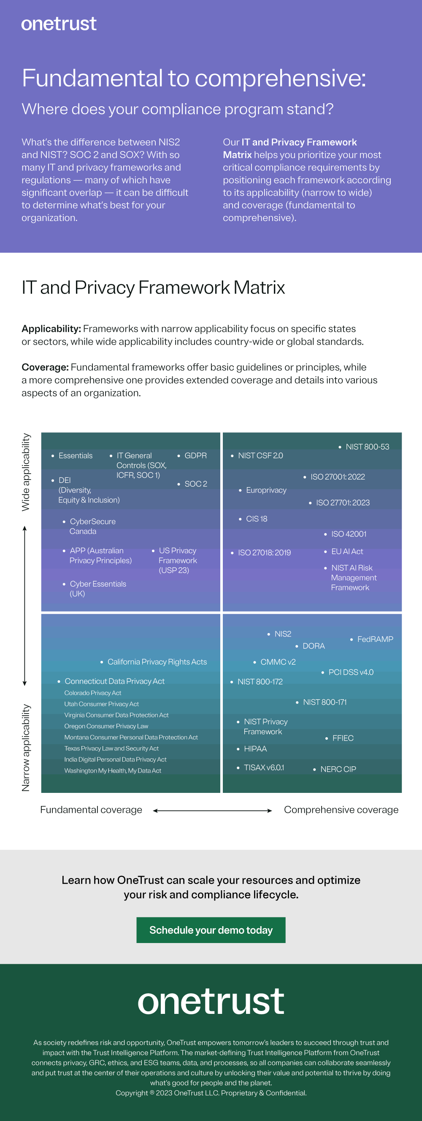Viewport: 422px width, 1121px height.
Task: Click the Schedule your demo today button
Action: click(x=211, y=930)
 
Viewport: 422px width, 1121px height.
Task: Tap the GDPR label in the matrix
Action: click(x=195, y=455)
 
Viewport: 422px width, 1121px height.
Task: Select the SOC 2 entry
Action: click(x=195, y=484)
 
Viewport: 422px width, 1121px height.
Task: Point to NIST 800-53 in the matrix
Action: click(x=367, y=447)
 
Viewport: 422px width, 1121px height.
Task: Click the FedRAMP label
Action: click(x=375, y=639)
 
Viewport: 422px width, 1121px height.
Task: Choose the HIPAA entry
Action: click(x=255, y=749)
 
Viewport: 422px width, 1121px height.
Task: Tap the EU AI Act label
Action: click(x=347, y=551)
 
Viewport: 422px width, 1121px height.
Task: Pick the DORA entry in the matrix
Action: click(x=314, y=646)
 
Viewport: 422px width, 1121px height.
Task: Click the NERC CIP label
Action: click(x=338, y=769)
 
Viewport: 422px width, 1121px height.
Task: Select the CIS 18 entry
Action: click(x=257, y=519)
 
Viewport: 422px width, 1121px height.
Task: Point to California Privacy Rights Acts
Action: click(x=157, y=662)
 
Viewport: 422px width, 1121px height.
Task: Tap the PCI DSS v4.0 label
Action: click(x=351, y=672)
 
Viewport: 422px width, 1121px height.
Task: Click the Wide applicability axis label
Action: click(x=26, y=472)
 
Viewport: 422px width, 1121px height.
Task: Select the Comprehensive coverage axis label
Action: click(x=341, y=810)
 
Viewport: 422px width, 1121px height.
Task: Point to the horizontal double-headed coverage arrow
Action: click(x=213, y=811)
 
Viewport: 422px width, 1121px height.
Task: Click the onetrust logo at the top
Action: click(x=59, y=24)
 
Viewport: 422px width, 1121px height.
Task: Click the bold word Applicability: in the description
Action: click(x=51, y=329)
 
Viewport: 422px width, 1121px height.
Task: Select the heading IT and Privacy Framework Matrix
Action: click(x=153, y=288)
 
